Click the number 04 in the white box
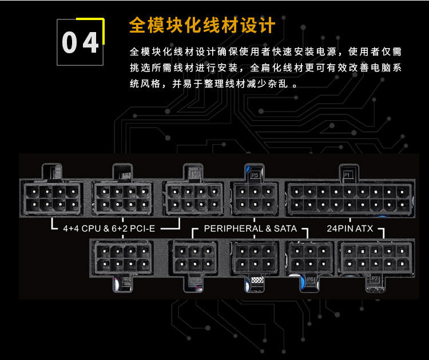[x=80, y=43]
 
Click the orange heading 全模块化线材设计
[x=202, y=26]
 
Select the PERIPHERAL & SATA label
[x=251, y=228]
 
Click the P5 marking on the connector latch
[x=255, y=173]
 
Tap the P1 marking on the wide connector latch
[x=347, y=173]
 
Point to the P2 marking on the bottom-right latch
[x=375, y=279]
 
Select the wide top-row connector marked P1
[x=349, y=197]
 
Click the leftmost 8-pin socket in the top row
[x=51, y=197]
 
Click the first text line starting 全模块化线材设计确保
[x=266, y=52]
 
